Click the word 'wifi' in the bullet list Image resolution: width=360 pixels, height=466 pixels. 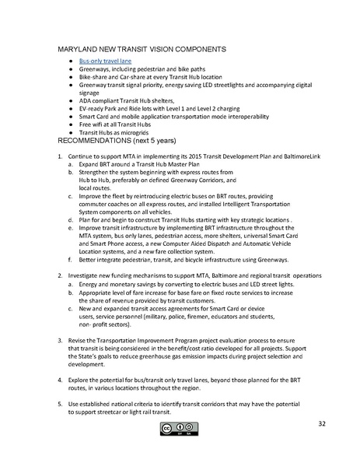pyautogui.click(x=100, y=124)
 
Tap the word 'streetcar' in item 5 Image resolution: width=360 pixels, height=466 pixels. pyautogui.click(x=121, y=408)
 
